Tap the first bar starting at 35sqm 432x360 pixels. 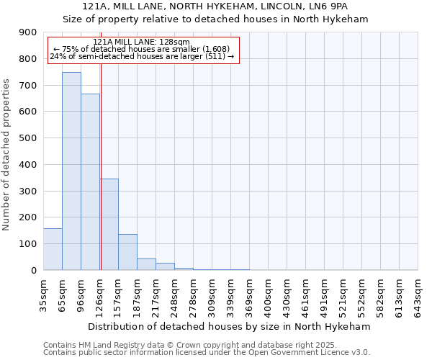(x=53, y=249)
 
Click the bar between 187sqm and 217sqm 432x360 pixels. (x=146, y=264)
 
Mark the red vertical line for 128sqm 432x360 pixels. (x=101, y=166)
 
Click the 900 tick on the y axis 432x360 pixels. (x=28, y=32)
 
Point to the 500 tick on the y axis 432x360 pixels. (x=28, y=138)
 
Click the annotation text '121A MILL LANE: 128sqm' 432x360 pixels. (x=142, y=42)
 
